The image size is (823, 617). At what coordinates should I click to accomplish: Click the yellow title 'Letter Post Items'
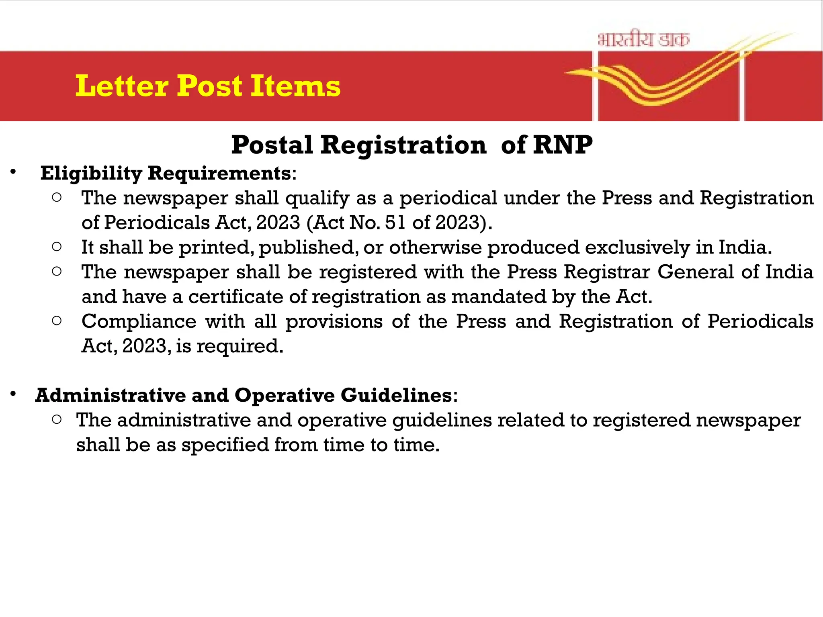point(208,86)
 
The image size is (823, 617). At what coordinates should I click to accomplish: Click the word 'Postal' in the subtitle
point(272,145)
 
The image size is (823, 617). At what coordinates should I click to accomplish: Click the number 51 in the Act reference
point(395,223)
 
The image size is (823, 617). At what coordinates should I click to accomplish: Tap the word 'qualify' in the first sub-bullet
point(317,198)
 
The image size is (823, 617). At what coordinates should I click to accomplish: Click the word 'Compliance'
point(139,321)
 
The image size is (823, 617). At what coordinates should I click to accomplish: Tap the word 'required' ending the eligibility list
point(240,346)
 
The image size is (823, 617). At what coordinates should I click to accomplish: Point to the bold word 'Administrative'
point(111,395)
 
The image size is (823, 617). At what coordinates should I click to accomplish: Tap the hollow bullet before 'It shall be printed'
point(57,247)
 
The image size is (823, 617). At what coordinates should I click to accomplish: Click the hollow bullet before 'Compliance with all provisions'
point(57,321)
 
